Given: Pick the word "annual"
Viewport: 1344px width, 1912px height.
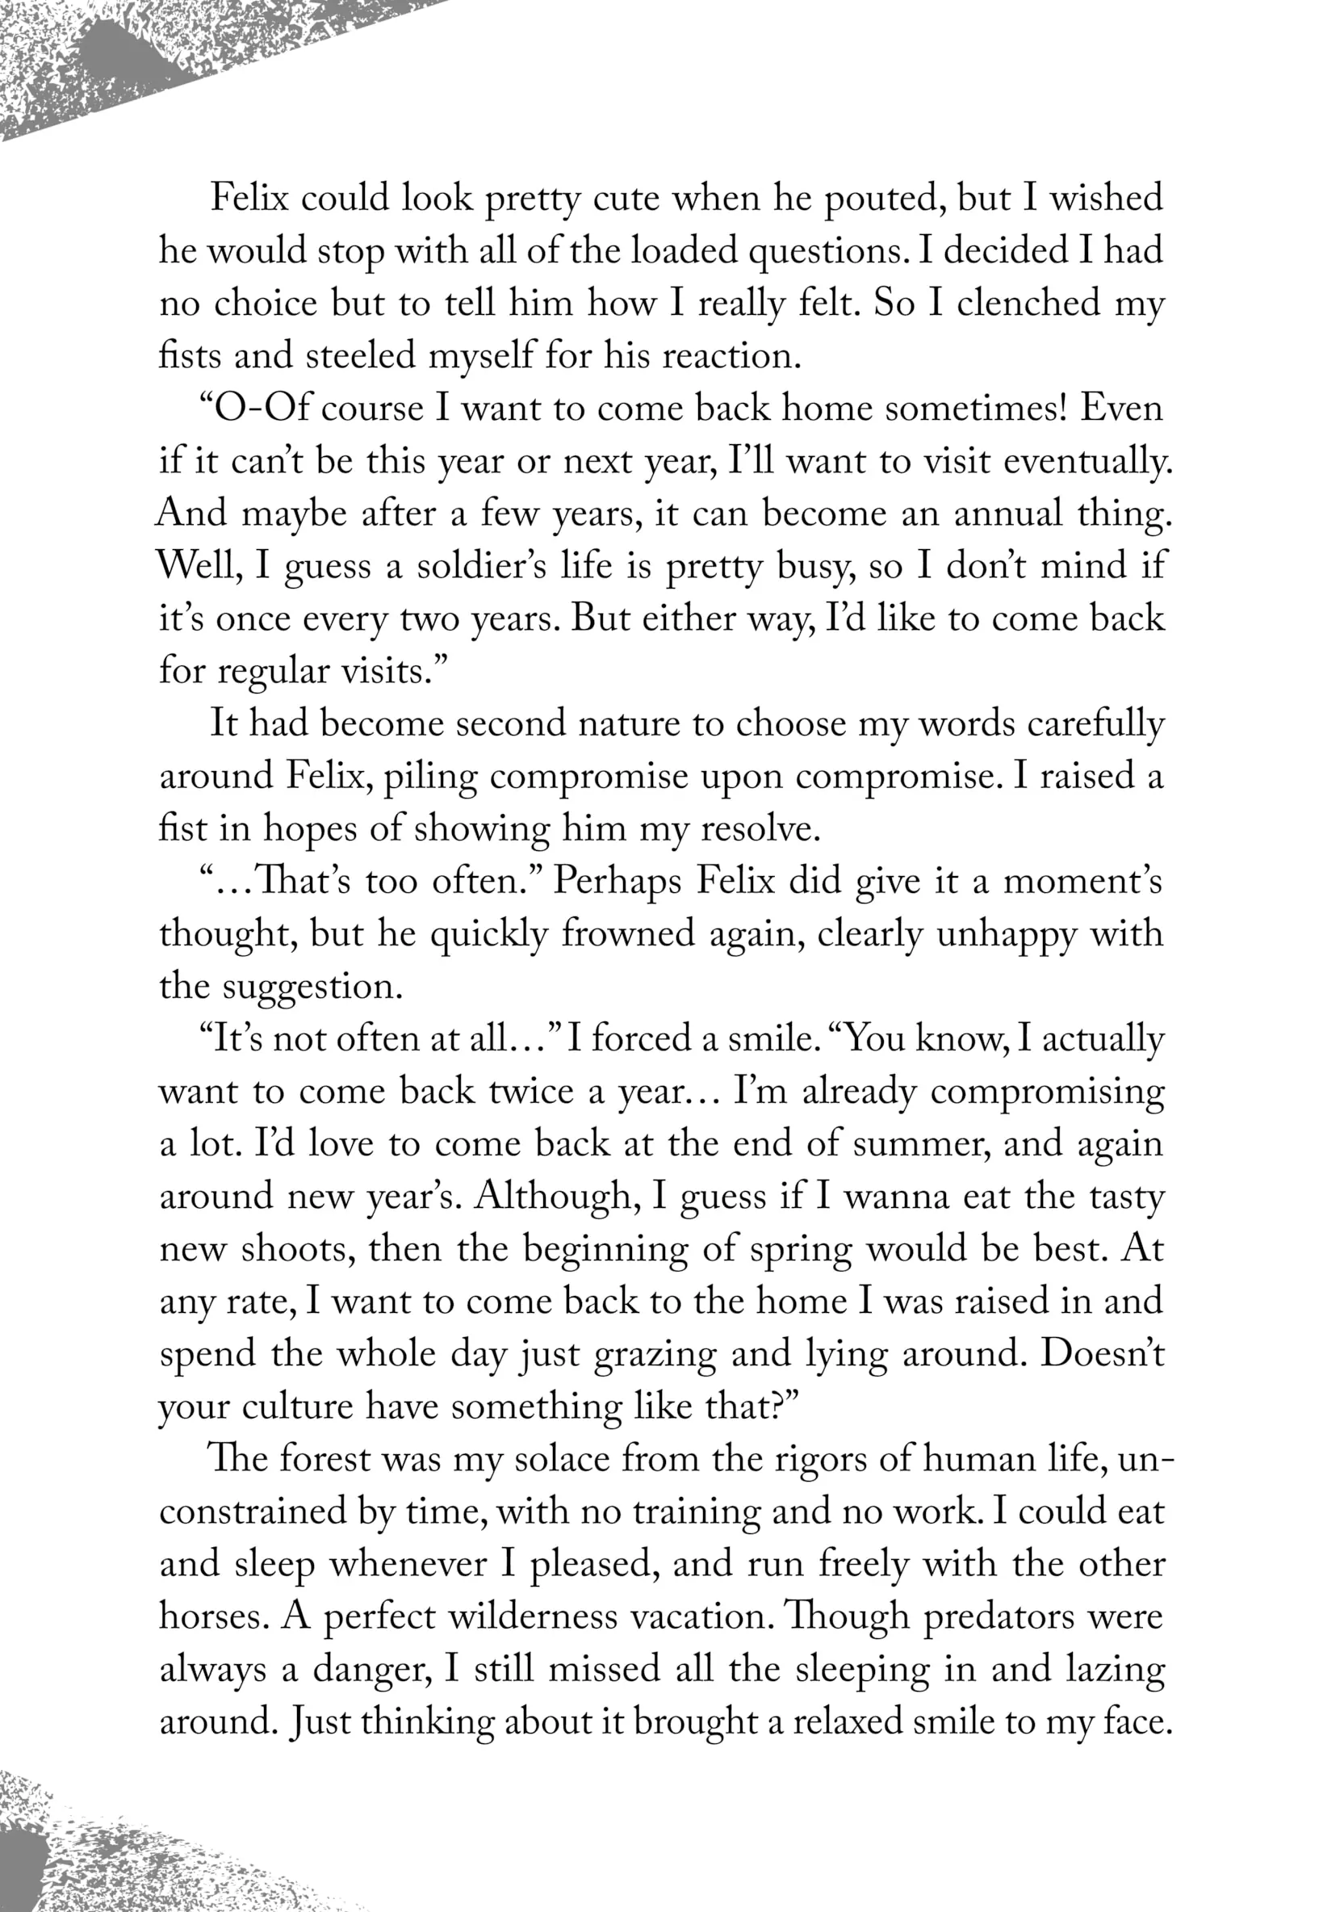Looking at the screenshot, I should (x=1007, y=514).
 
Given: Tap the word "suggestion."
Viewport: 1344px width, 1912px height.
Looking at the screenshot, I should (x=313, y=987).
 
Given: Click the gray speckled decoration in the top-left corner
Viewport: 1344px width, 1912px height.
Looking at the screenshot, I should (x=125, y=58).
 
